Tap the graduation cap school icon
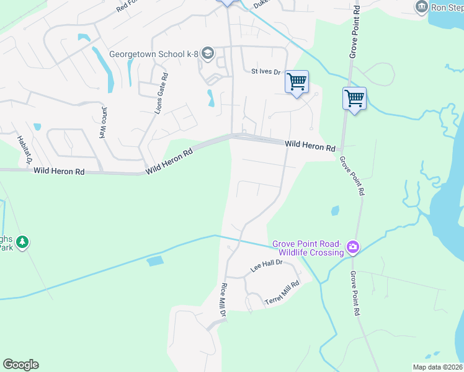pos(207,54)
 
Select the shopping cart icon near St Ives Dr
pos(297,81)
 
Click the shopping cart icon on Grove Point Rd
pos(354,98)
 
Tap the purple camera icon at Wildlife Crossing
pos(352,247)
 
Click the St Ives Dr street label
pos(266,72)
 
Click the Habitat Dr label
pos(24,150)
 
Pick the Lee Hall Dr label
pos(266,266)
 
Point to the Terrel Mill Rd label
pos(282,293)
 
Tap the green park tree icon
pos(22,242)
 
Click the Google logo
pos(20,365)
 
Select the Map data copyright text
pos(437,366)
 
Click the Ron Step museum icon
pos(422,7)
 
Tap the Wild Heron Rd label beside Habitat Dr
pos(59,170)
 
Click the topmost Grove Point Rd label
pos(353,32)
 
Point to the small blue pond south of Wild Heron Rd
pos(336,210)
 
